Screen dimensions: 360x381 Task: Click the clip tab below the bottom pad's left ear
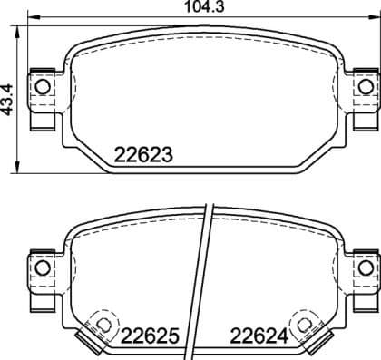pyautogui.click(x=42, y=294)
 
